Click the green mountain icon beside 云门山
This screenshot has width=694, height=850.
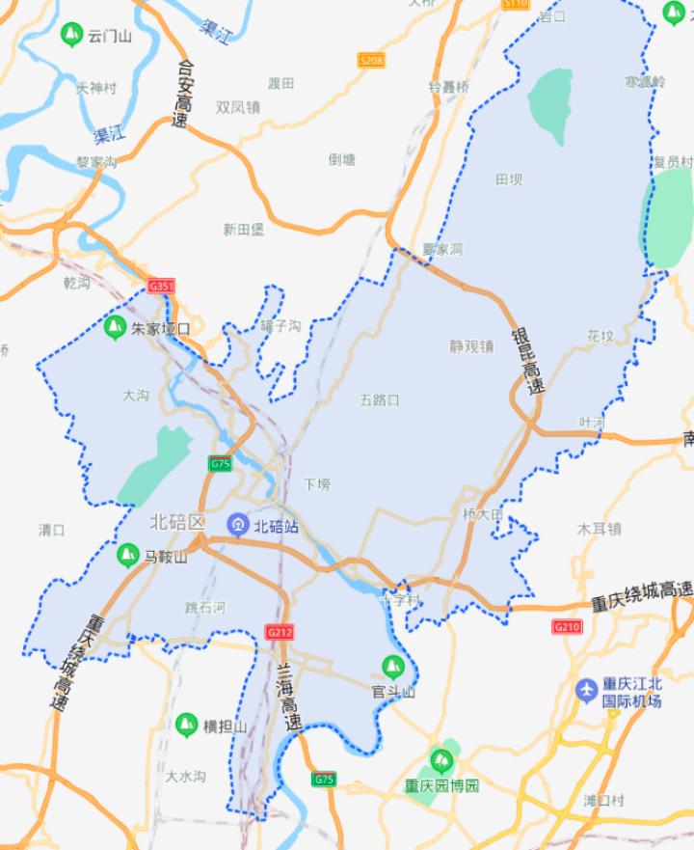click(70, 36)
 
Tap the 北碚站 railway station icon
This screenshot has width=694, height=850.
click(238, 524)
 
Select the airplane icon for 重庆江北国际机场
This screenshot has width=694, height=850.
click(586, 690)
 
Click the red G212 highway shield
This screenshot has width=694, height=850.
click(280, 632)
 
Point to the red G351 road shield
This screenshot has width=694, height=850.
click(162, 287)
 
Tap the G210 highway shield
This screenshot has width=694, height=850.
click(567, 627)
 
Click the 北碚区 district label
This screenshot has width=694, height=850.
click(178, 522)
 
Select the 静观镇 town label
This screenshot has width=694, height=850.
click(471, 345)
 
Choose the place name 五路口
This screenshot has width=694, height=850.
click(379, 399)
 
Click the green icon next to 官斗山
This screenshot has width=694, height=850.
click(392, 666)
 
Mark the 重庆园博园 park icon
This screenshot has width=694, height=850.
click(441, 759)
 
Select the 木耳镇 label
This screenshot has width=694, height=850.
click(599, 529)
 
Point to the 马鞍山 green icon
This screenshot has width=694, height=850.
click(126, 555)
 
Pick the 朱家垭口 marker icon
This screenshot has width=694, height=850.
click(115, 327)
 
